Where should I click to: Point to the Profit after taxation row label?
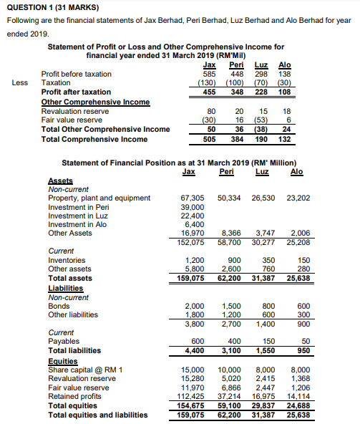point(76,92)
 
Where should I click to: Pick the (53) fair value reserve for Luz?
point(263,120)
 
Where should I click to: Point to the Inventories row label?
point(67,260)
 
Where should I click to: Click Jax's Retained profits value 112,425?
point(190,398)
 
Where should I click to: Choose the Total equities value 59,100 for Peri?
point(230,407)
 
